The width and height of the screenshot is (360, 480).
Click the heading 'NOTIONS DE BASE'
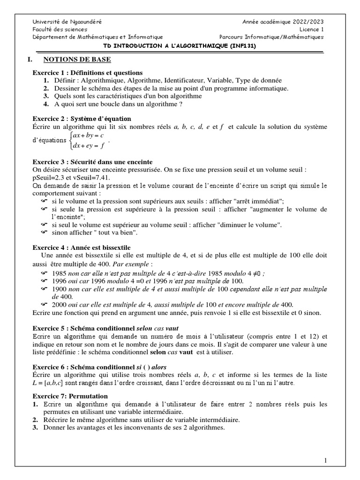(77, 60)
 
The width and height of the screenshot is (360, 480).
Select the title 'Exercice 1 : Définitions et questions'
(87, 73)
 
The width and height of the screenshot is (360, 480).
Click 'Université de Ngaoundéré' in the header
(67, 22)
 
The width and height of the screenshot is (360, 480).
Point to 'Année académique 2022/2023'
(283, 22)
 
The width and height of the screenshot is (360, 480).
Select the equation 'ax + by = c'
(88, 135)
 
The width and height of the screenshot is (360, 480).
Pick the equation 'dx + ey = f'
(89, 146)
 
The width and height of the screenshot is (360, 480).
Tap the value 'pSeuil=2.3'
(50, 177)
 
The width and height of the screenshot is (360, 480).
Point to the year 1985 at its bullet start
(60, 273)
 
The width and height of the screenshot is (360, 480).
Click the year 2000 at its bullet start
(60, 304)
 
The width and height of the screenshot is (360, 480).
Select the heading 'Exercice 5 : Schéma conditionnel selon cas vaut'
(105, 329)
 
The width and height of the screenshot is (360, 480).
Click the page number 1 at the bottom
(325, 461)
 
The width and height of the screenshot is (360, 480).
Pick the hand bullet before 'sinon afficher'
(45, 232)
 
